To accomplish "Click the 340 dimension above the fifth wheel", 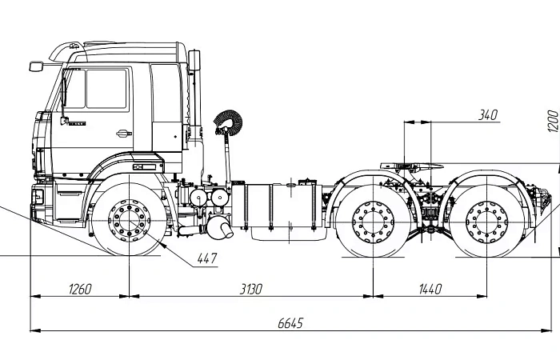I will coord(487,115).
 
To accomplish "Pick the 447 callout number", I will coord(206,258).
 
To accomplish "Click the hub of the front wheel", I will coord(128,218).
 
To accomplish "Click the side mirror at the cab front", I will coord(35,66).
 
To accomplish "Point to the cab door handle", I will coord(122,133).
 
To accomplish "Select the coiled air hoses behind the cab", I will coord(227,122).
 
